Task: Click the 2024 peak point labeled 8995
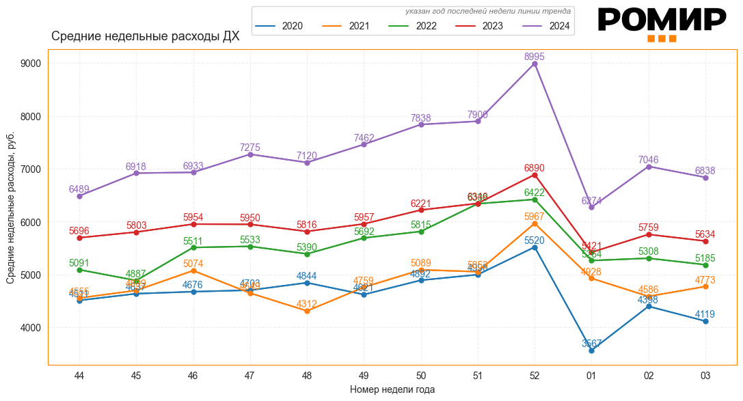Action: point(535,64)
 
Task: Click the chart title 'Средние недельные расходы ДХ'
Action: point(145,36)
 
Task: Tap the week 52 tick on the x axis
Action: point(535,375)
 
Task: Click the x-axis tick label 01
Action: point(591,375)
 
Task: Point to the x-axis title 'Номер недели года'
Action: point(392,389)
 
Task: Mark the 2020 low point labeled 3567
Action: point(591,350)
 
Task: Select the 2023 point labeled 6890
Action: point(535,175)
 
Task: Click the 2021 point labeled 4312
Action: point(307,311)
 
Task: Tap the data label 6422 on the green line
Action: point(535,193)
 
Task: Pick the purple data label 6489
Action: point(79,189)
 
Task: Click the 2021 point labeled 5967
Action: point(535,223)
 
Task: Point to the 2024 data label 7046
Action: point(649,160)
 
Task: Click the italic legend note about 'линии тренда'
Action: point(487,11)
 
